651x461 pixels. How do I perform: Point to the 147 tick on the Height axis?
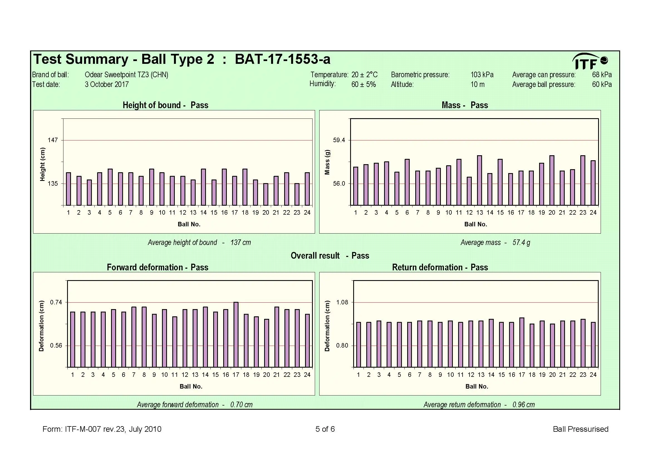(x=53, y=140)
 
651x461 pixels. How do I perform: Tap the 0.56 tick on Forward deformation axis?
(x=56, y=345)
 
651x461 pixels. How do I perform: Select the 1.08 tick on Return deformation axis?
(x=342, y=302)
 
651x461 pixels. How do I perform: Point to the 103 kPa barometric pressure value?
(x=482, y=75)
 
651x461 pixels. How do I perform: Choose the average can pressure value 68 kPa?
(x=602, y=75)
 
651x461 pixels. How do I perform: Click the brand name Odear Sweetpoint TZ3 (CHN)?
(x=126, y=75)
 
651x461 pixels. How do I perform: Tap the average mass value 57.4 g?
(x=521, y=242)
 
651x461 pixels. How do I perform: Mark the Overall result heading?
(x=330, y=256)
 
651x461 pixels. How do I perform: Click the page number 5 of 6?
(x=325, y=429)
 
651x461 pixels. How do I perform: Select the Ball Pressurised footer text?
(x=580, y=429)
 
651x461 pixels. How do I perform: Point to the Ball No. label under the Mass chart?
(x=475, y=224)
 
